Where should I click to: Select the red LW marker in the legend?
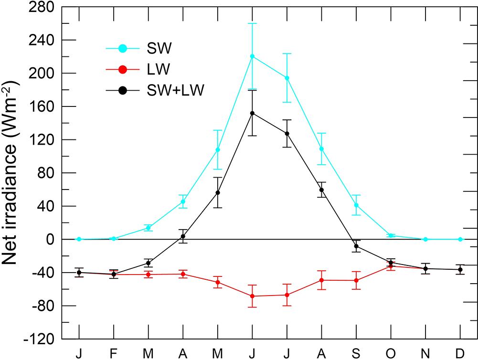point(123,69)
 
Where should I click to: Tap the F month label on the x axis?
point(114,353)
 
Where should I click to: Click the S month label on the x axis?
point(356,353)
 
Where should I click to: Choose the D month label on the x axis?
point(460,353)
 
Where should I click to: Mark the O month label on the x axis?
point(391,353)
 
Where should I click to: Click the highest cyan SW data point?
point(252,56)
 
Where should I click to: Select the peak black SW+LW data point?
point(252,113)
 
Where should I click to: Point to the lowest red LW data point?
point(252,296)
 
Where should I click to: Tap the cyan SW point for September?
point(356,205)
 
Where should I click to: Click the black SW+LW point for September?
point(356,246)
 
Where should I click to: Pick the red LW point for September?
point(356,280)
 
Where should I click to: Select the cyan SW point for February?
point(114,238)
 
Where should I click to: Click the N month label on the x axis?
point(425,353)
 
